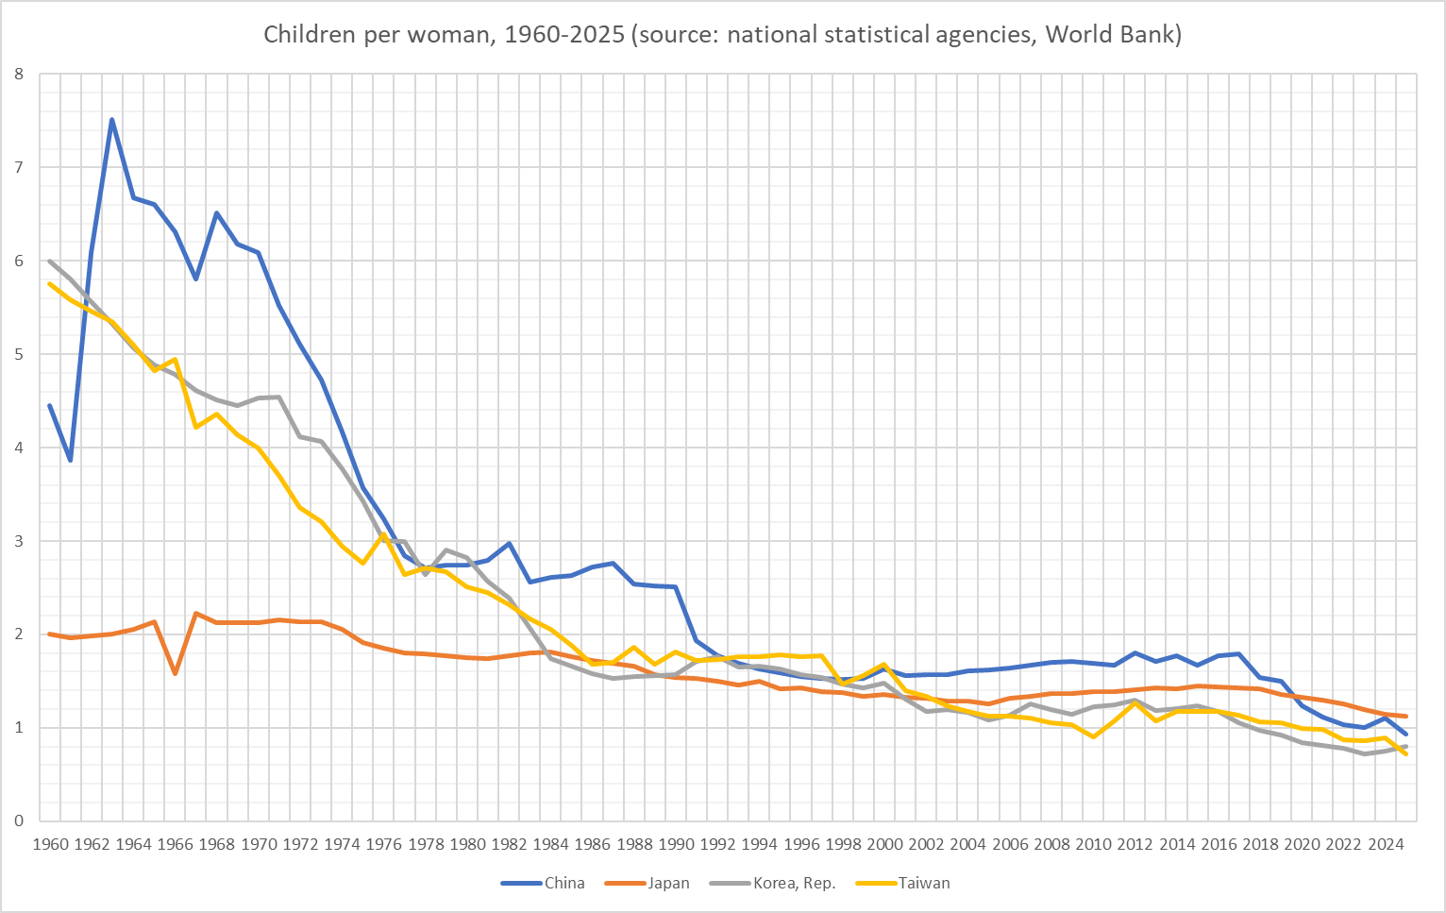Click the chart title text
(x=722, y=35)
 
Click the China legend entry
(x=563, y=884)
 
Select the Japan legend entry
(x=667, y=884)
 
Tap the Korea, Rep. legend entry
(x=793, y=884)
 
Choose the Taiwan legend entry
(x=922, y=884)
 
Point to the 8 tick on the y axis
(x=19, y=75)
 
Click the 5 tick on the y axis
(x=19, y=355)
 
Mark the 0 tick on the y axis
(x=19, y=821)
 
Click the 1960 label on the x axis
(x=50, y=844)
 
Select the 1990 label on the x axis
(x=676, y=844)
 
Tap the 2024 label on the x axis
(x=1385, y=844)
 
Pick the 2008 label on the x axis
(x=1051, y=844)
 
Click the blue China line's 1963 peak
(x=112, y=120)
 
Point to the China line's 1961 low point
(x=71, y=460)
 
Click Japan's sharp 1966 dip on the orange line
(x=175, y=673)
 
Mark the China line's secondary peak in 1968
(x=216, y=213)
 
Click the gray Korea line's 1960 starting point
(x=50, y=262)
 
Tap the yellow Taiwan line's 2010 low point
(x=1093, y=736)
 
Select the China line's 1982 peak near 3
(x=509, y=544)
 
